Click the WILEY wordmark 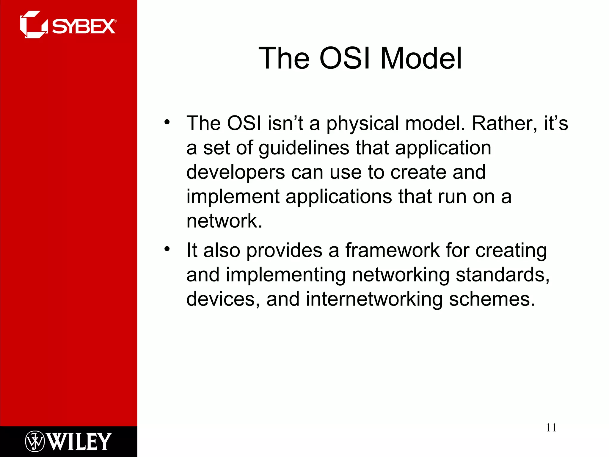[80, 442]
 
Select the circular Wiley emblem [35, 441]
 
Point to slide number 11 [551, 428]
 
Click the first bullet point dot [167, 122]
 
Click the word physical [362, 124]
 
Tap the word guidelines [304, 148]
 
